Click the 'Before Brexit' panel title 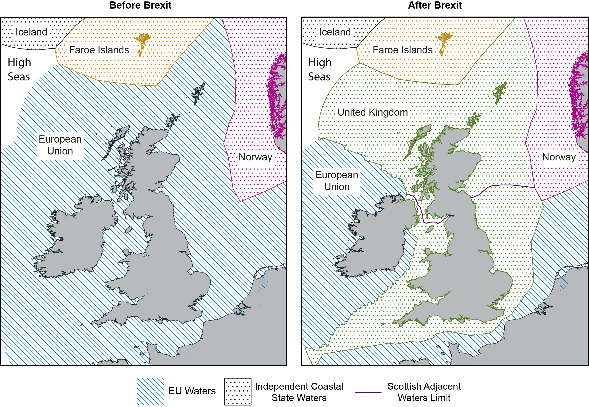[140, 5]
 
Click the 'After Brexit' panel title [435, 5]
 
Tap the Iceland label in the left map [31, 32]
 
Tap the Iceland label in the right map [335, 32]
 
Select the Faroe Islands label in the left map [99, 50]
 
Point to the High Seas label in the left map [19, 69]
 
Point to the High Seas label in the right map [320, 69]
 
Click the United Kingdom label [372, 112]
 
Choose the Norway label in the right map [559, 157]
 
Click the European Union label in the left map [60, 145]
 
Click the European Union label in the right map [337, 181]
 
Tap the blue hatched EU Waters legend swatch [150, 392]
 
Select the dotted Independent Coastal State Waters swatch [238, 392]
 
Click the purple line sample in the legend [368, 392]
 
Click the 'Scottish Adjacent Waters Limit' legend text [424, 392]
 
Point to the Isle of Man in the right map [430, 229]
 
